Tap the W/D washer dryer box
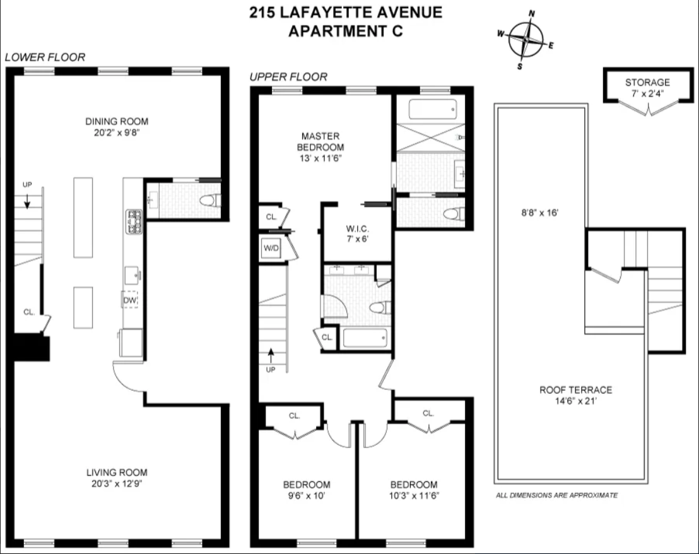[x=271, y=248]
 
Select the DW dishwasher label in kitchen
[x=130, y=300]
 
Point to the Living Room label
[x=117, y=472]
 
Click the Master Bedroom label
[x=320, y=141]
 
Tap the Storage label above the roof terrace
[x=647, y=83]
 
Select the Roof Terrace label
[x=575, y=390]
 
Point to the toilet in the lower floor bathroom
[x=208, y=201]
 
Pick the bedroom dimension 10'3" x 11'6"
[x=414, y=495]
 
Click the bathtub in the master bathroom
[x=432, y=110]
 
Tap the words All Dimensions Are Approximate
[x=556, y=495]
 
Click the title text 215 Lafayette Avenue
[x=345, y=12]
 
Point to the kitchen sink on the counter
[x=132, y=273]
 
